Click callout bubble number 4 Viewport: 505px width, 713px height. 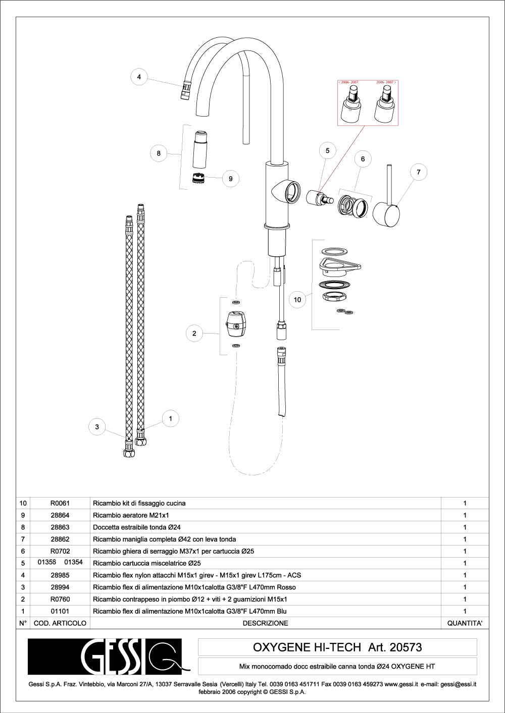139,77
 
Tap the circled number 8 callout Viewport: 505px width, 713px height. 159,153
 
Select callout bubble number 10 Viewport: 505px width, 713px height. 297,300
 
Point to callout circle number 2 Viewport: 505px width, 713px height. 194,333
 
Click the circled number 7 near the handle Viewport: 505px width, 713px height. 418,172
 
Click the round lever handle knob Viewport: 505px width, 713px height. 386,214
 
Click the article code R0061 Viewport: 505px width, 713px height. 60,503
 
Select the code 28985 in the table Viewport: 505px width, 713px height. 60,575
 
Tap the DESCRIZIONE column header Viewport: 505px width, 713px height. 265,623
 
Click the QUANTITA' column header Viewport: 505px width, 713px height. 465,623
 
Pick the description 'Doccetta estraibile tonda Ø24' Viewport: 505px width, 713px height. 137,527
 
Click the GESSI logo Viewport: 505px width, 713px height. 105,656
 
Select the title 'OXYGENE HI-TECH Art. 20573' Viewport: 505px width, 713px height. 337,647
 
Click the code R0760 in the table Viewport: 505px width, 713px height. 60,599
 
